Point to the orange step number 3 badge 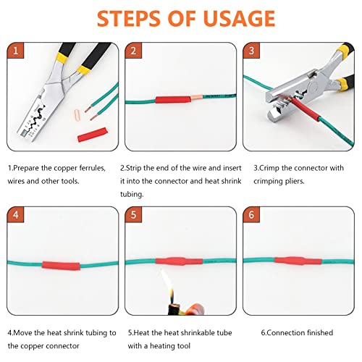251,51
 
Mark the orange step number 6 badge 251,216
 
